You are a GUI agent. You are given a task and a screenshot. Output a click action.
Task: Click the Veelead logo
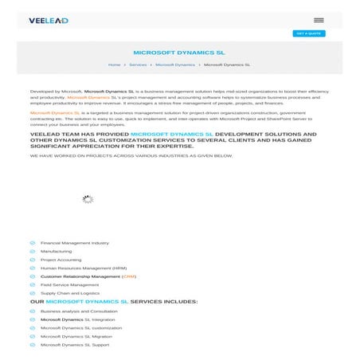48,20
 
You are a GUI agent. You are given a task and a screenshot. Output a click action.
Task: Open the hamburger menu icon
319,20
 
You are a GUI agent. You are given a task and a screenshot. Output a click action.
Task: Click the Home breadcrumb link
114,64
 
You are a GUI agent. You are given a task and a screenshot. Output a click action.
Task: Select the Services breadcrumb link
138,64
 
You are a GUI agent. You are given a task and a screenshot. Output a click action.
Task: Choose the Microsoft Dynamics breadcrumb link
174,64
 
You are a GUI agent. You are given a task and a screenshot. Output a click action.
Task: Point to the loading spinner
88,199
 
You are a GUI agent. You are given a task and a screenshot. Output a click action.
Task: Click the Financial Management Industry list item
74,243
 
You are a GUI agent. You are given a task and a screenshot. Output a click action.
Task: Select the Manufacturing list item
56,251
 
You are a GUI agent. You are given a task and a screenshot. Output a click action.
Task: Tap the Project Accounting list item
61,260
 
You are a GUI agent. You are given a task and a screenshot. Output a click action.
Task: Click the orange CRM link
129,276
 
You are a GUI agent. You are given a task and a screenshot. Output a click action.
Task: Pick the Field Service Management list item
69,284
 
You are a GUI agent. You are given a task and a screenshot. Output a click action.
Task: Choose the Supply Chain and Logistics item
69,293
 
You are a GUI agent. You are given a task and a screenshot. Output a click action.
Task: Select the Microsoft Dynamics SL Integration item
77,319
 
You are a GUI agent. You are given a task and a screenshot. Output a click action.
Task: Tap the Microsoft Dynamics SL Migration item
76,336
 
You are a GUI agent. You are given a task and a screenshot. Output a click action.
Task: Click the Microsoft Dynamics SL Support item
75,345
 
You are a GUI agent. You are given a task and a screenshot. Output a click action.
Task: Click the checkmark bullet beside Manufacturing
33,251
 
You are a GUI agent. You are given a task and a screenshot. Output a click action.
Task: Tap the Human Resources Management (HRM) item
83,268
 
